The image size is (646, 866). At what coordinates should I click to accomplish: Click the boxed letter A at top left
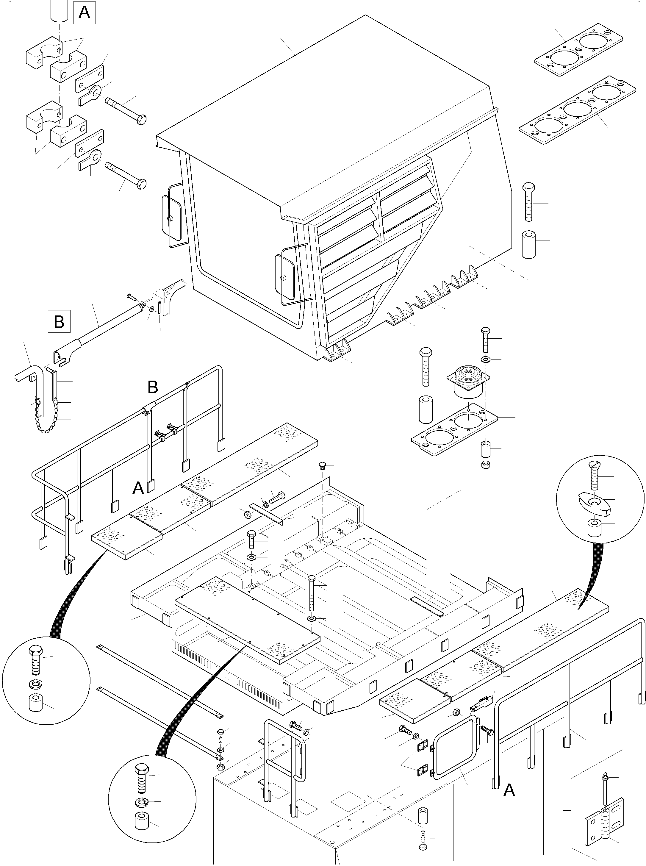pyautogui.click(x=85, y=13)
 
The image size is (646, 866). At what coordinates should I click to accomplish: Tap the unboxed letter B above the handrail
pyautogui.click(x=153, y=387)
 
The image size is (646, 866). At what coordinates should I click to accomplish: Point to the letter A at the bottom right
pyautogui.click(x=509, y=790)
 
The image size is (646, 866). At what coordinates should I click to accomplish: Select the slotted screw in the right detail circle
pyautogui.click(x=594, y=475)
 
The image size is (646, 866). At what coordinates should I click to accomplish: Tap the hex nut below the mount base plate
pyautogui.click(x=486, y=465)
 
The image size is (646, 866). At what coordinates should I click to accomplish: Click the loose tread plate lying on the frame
pyautogui.click(x=247, y=617)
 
